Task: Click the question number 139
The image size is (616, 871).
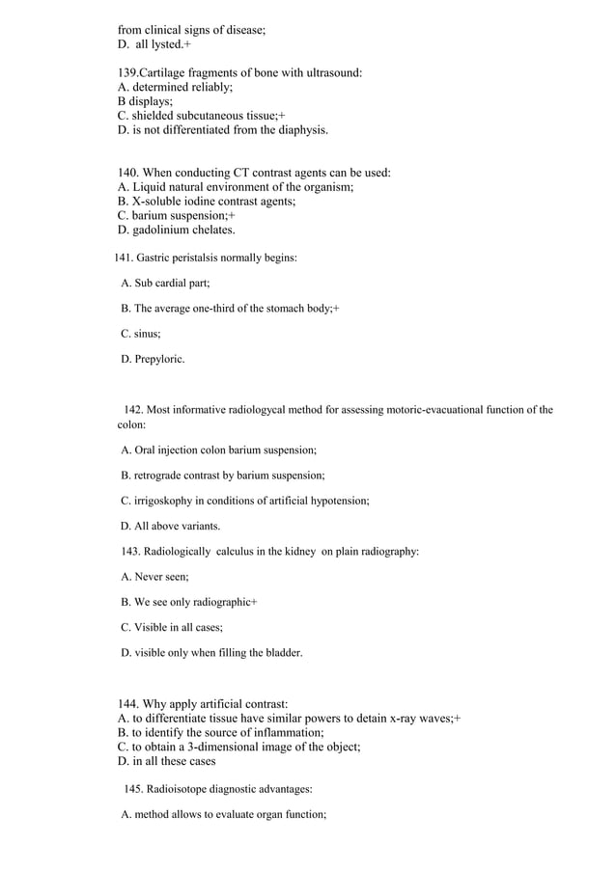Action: (x=127, y=72)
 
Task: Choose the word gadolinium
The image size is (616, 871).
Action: (x=165, y=231)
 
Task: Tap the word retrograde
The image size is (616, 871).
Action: (x=161, y=476)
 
